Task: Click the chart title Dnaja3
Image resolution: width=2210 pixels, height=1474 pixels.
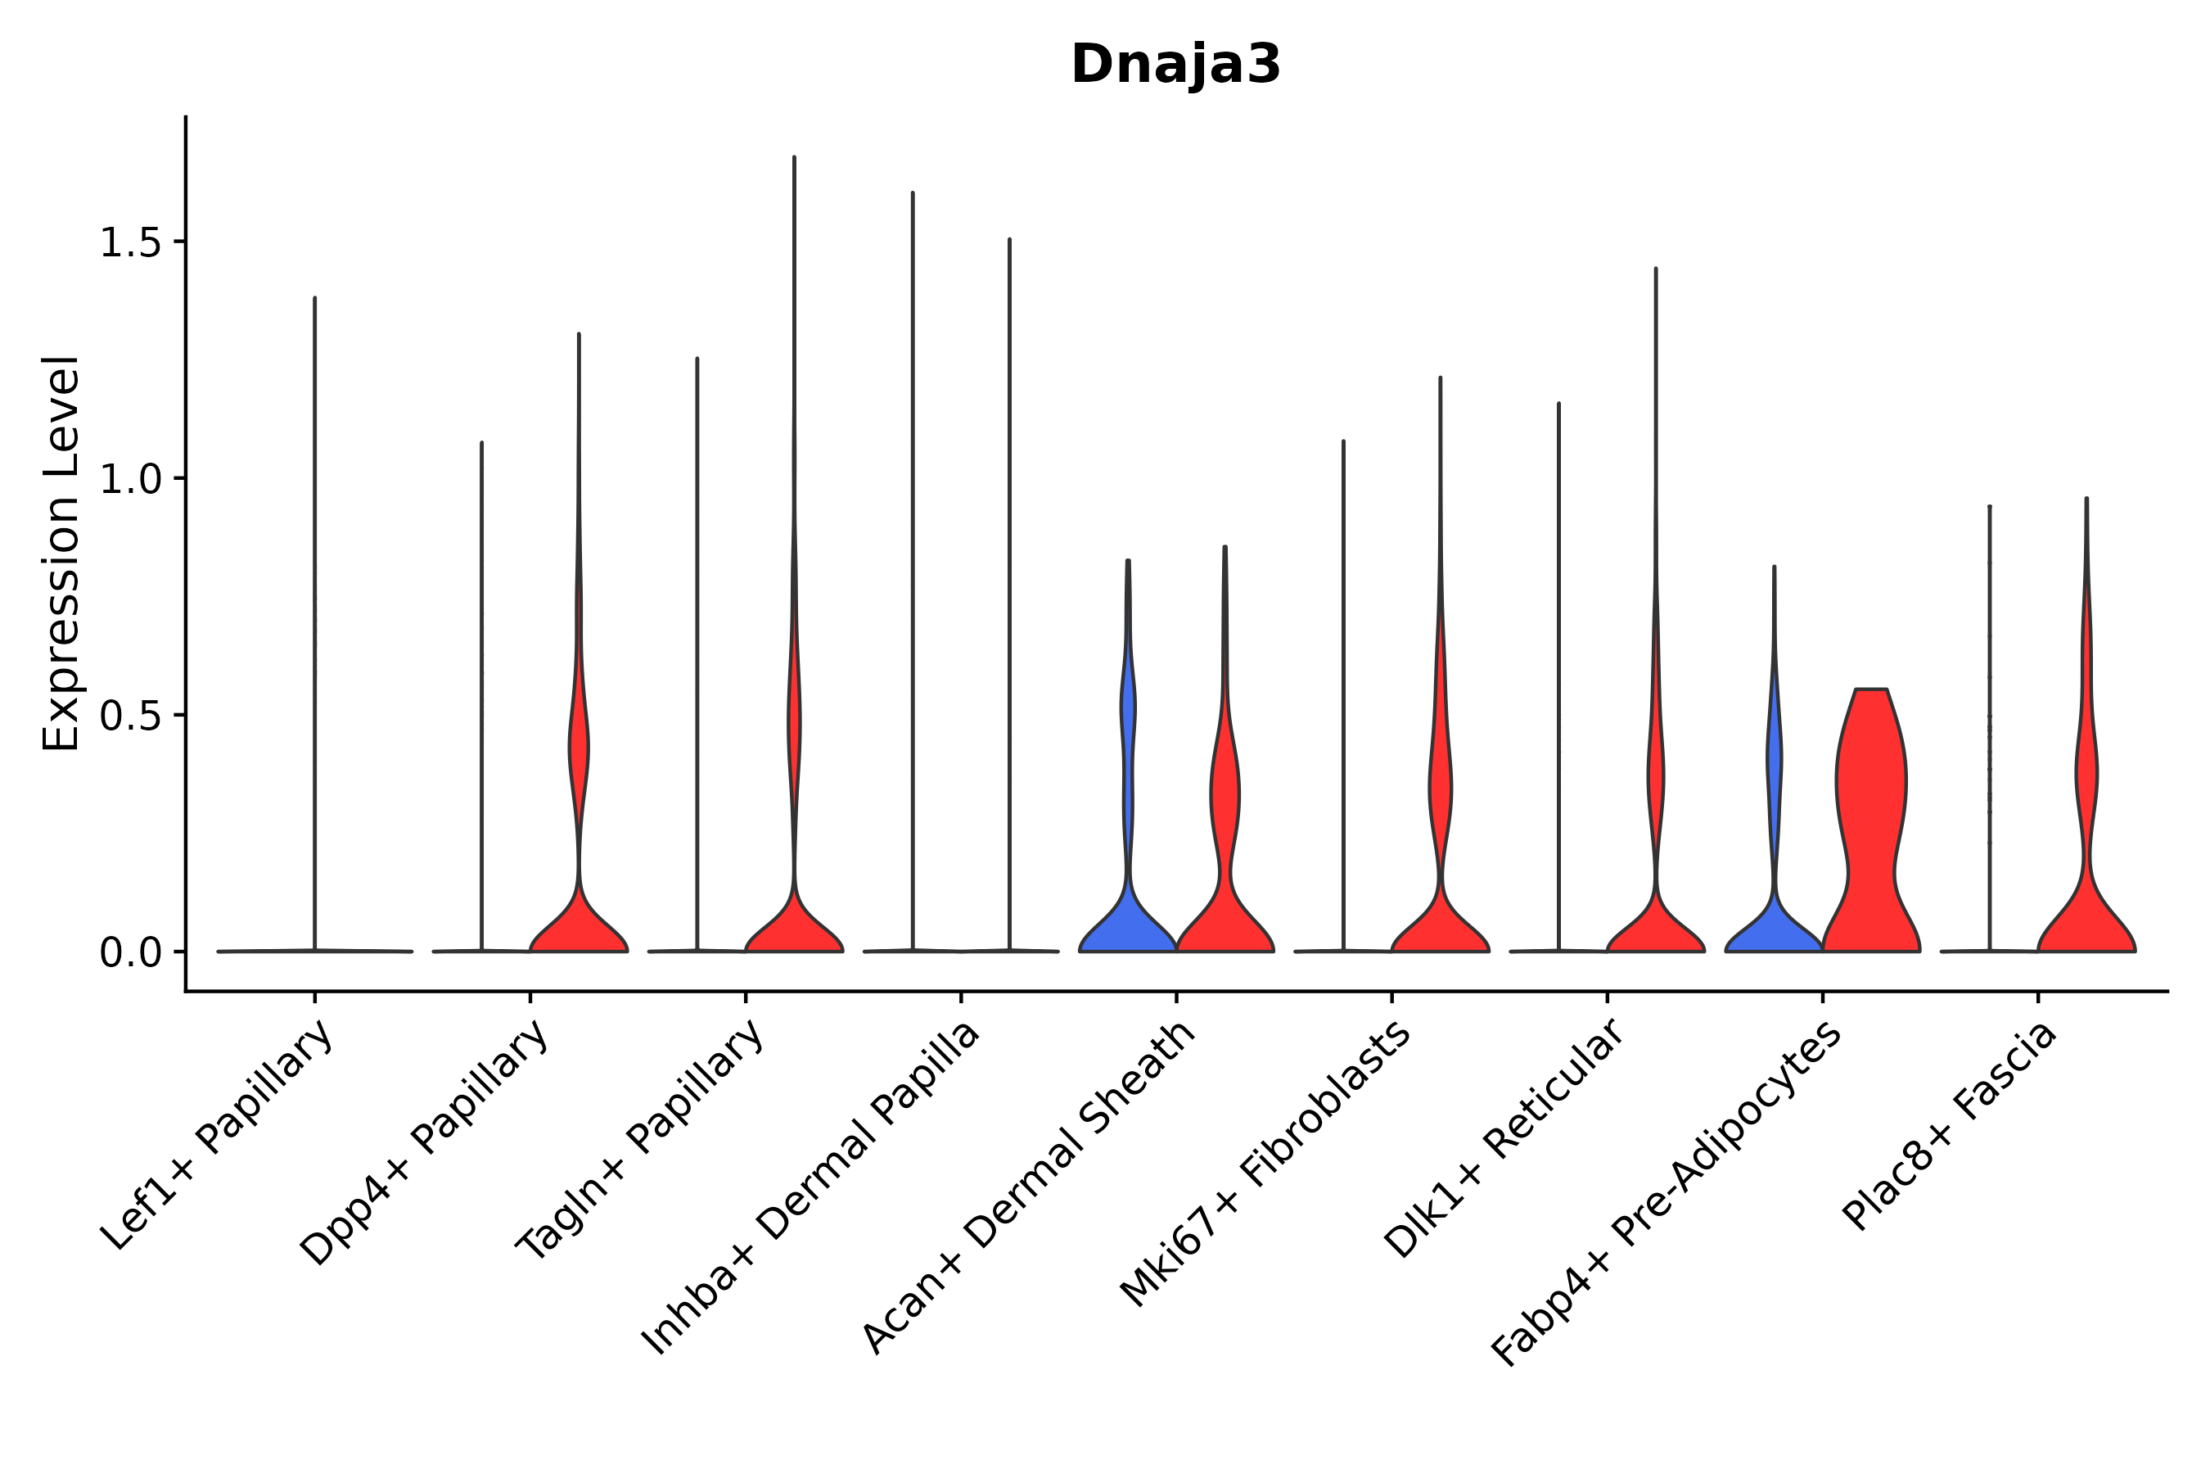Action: (x=1175, y=66)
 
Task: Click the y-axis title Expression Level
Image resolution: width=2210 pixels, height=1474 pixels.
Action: (x=61, y=553)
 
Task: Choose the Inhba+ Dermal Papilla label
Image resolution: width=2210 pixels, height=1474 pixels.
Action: (x=811, y=1188)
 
